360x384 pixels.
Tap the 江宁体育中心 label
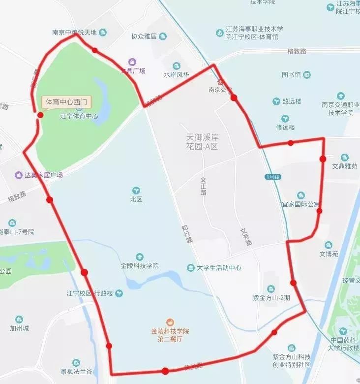[x=79, y=117]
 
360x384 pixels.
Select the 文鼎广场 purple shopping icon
[x=132, y=62]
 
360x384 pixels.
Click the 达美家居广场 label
[x=44, y=175]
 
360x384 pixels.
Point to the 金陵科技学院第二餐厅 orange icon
[x=169, y=321]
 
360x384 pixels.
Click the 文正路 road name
[x=203, y=186]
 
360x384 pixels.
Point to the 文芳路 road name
[x=246, y=236]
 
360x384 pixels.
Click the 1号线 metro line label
[x=272, y=176]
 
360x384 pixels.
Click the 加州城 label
[x=19, y=328]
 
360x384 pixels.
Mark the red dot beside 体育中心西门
[x=40, y=115]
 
